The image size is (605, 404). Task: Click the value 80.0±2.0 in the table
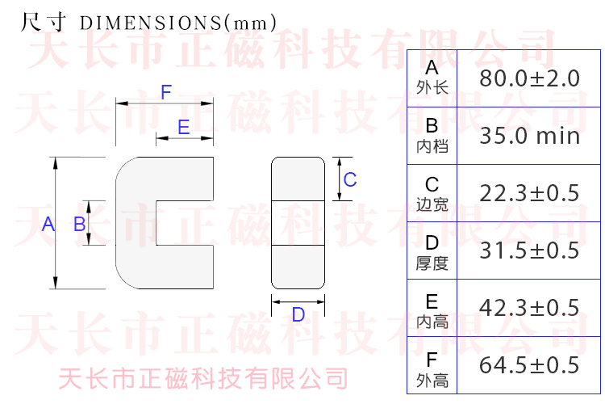point(529,78)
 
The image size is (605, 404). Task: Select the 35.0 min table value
point(529,136)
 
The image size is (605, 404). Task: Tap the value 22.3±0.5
point(529,193)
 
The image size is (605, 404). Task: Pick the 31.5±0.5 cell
point(529,250)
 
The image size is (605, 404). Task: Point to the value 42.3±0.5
point(529,308)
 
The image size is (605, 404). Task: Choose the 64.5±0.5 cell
point(529,365)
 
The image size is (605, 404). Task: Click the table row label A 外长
point(432,78)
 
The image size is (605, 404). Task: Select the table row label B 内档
point(432,135)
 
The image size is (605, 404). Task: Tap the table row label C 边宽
point(432,193)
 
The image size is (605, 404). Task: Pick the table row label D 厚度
point(432,251)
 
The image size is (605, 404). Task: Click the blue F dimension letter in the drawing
point(166,92)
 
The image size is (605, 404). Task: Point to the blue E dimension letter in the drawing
point(183,127)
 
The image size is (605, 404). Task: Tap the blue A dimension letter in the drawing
point(48,225)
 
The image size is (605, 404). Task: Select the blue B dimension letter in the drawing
point(79,225)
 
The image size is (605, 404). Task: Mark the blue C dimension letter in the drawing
point(350,180)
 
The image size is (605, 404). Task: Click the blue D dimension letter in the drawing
point(298,315)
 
